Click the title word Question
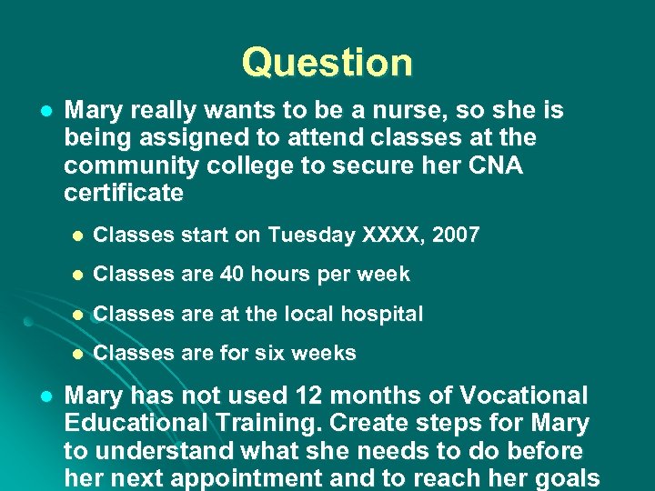pos(327,63)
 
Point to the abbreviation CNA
pos(493,166)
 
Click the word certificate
pos(124,194)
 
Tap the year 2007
pos(457,235)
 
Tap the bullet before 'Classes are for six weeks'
pos(78,354)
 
